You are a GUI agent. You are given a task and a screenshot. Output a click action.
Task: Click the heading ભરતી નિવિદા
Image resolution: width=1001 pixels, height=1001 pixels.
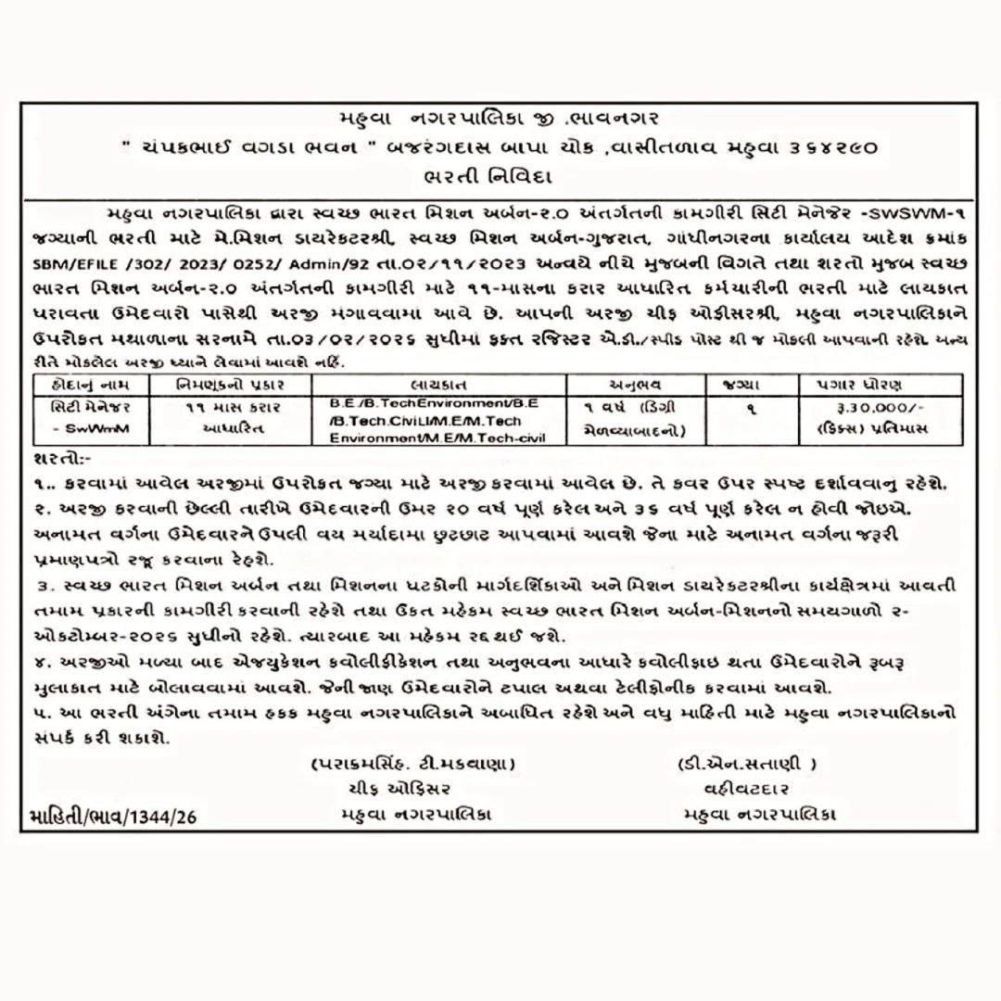point(500,174)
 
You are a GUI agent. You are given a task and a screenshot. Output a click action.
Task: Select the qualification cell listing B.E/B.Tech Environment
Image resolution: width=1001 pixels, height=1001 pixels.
point(440,421)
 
